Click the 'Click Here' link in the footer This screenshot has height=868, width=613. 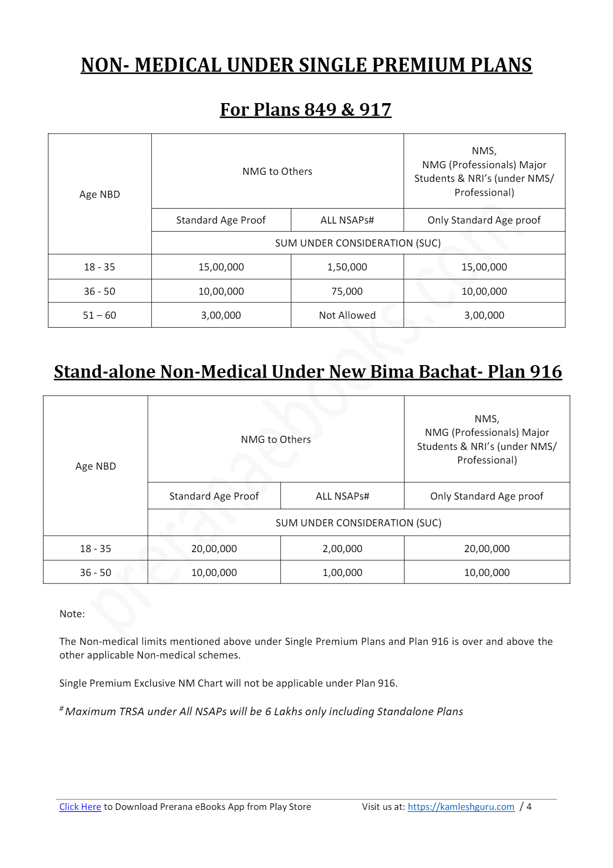click(x=80, y=807)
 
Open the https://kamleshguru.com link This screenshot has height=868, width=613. click(x=461, y=807)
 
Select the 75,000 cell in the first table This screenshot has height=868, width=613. click(x=347, y=291)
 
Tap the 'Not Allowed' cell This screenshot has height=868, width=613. click(x=347, y=315)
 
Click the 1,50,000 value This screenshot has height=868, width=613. click(x=347, y=267)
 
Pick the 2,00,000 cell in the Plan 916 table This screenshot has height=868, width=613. click(x=342, y=548)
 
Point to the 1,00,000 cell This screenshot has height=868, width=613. click(x=342, y=572)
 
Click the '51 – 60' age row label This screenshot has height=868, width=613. click(x=99, y=315)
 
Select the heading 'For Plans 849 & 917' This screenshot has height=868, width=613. click(x=306, y=110)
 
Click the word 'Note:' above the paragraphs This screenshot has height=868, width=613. click(x=72, y=614)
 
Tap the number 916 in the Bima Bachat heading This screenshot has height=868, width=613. click(x=546, y=372)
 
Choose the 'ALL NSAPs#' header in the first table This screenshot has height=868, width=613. click(x=347, y=220)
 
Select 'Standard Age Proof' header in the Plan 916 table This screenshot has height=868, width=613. click(x=214, y=496)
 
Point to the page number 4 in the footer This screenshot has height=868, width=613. click(x=529, y=807)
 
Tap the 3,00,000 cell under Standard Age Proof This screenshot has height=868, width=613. click(x=221, y=315)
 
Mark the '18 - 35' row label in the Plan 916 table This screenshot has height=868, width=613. click(x=96, y=548)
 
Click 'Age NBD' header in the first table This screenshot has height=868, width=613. click(x=99, y=194)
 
